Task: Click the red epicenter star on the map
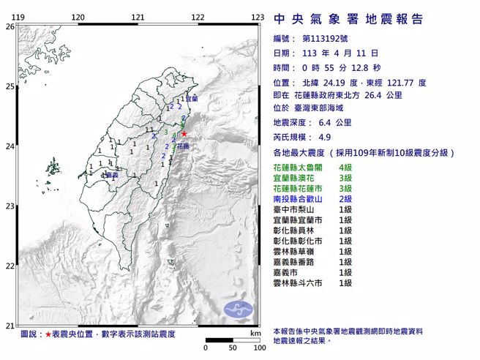pyautogui.click(x=184, y=134)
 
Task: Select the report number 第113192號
pyautogui.click(x=327, y=39)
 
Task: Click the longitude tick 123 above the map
pyautogui.click(x=258, y=17)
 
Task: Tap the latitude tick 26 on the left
pyautogui.click(x=10, y=26)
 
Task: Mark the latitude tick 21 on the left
pyautogui.click(x=10, y=326)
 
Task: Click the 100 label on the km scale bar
pyautogui.click(x=259, y=348)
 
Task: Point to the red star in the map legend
pyautogui.click(x=48, y=334)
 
